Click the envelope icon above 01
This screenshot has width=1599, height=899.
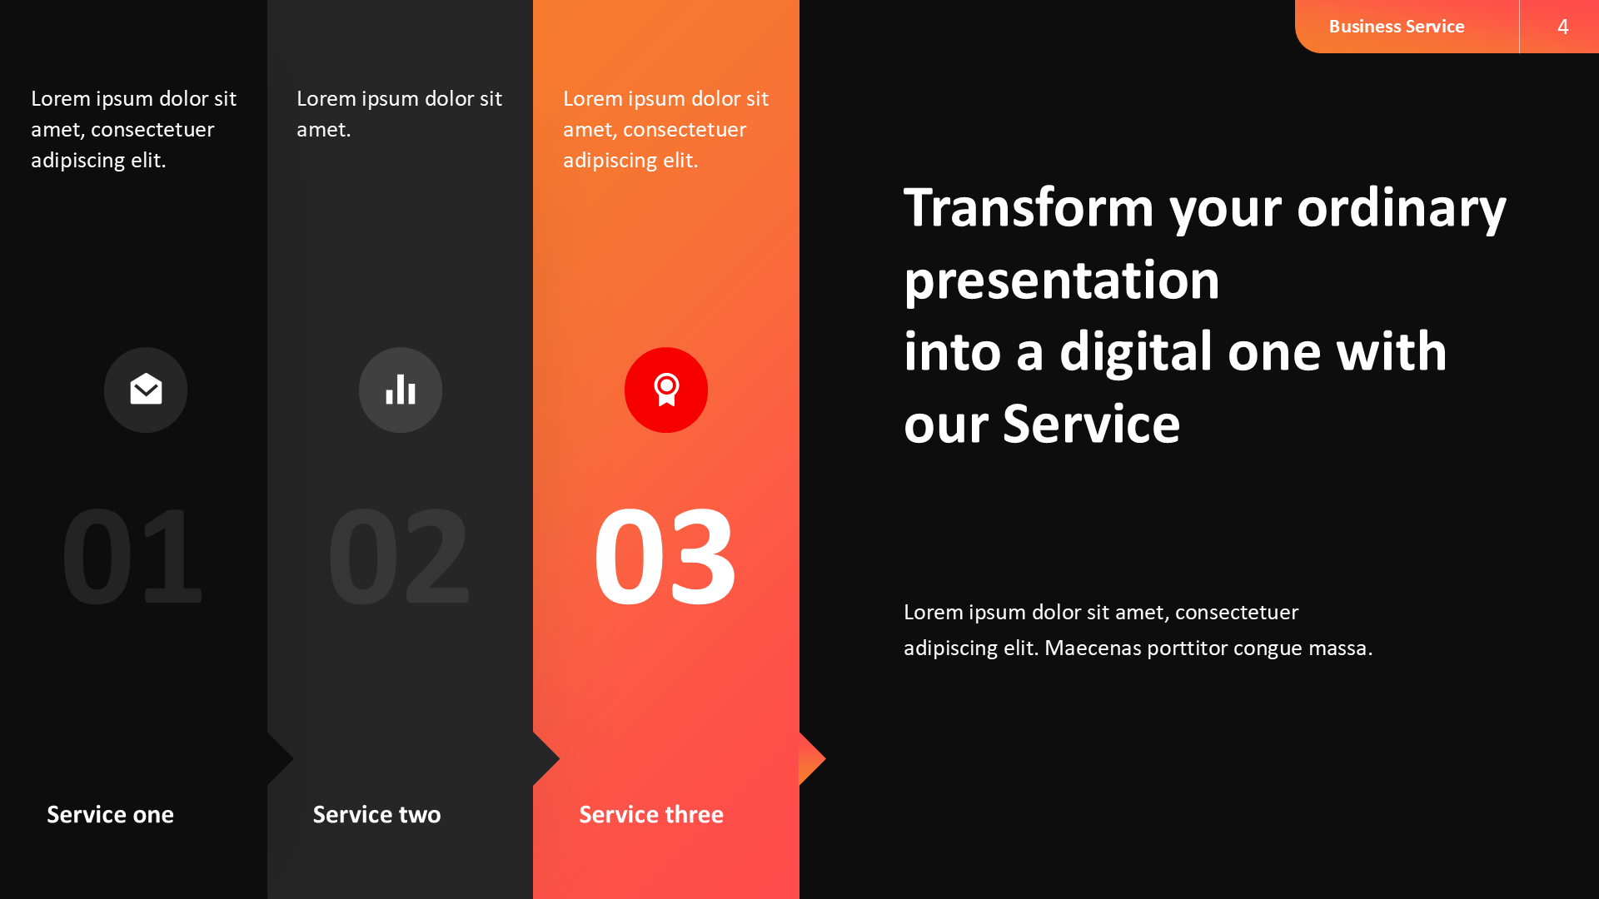(146, 390)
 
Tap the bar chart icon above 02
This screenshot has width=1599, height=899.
(401, 390)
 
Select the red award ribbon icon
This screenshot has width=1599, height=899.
(666, 390)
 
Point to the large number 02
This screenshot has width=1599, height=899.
(398, 556)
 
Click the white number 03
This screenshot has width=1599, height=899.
(665, 556)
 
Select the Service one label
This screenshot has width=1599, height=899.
(110, 814)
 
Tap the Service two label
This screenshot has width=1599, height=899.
(376, 814)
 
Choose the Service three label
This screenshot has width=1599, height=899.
(650, 814)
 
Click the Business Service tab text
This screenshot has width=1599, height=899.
(1396, 27)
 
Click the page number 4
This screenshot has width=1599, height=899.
(1562, 27)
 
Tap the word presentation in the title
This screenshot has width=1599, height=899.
(1062, 281)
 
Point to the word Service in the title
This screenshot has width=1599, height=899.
(1091, 425)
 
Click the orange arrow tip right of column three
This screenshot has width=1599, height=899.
(812, 758)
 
